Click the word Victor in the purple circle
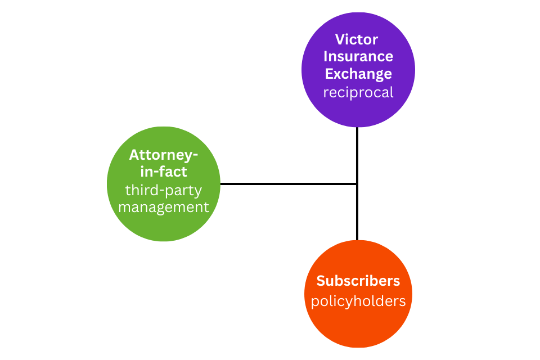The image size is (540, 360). click(357, 39)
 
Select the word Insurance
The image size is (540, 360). click(358, 56)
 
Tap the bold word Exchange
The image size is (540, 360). click(358, 74)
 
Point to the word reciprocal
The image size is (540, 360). click(358, 92)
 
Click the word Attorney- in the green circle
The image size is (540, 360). click(164, 155)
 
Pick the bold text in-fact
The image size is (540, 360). click(164, 172)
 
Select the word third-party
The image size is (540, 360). click(164, 190)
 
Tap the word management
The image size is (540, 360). click(164, 207)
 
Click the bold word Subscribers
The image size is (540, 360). click(358, 281)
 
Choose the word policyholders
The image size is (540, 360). click(358, 301)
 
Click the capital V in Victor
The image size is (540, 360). click(340, 39)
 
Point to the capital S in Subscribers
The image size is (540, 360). click(321, 281)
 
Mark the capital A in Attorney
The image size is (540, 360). click(134, 155)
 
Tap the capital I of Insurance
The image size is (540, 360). click(326, 56)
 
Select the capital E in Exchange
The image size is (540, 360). click(329, 74)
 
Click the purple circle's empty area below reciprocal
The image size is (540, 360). click(358, 112)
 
